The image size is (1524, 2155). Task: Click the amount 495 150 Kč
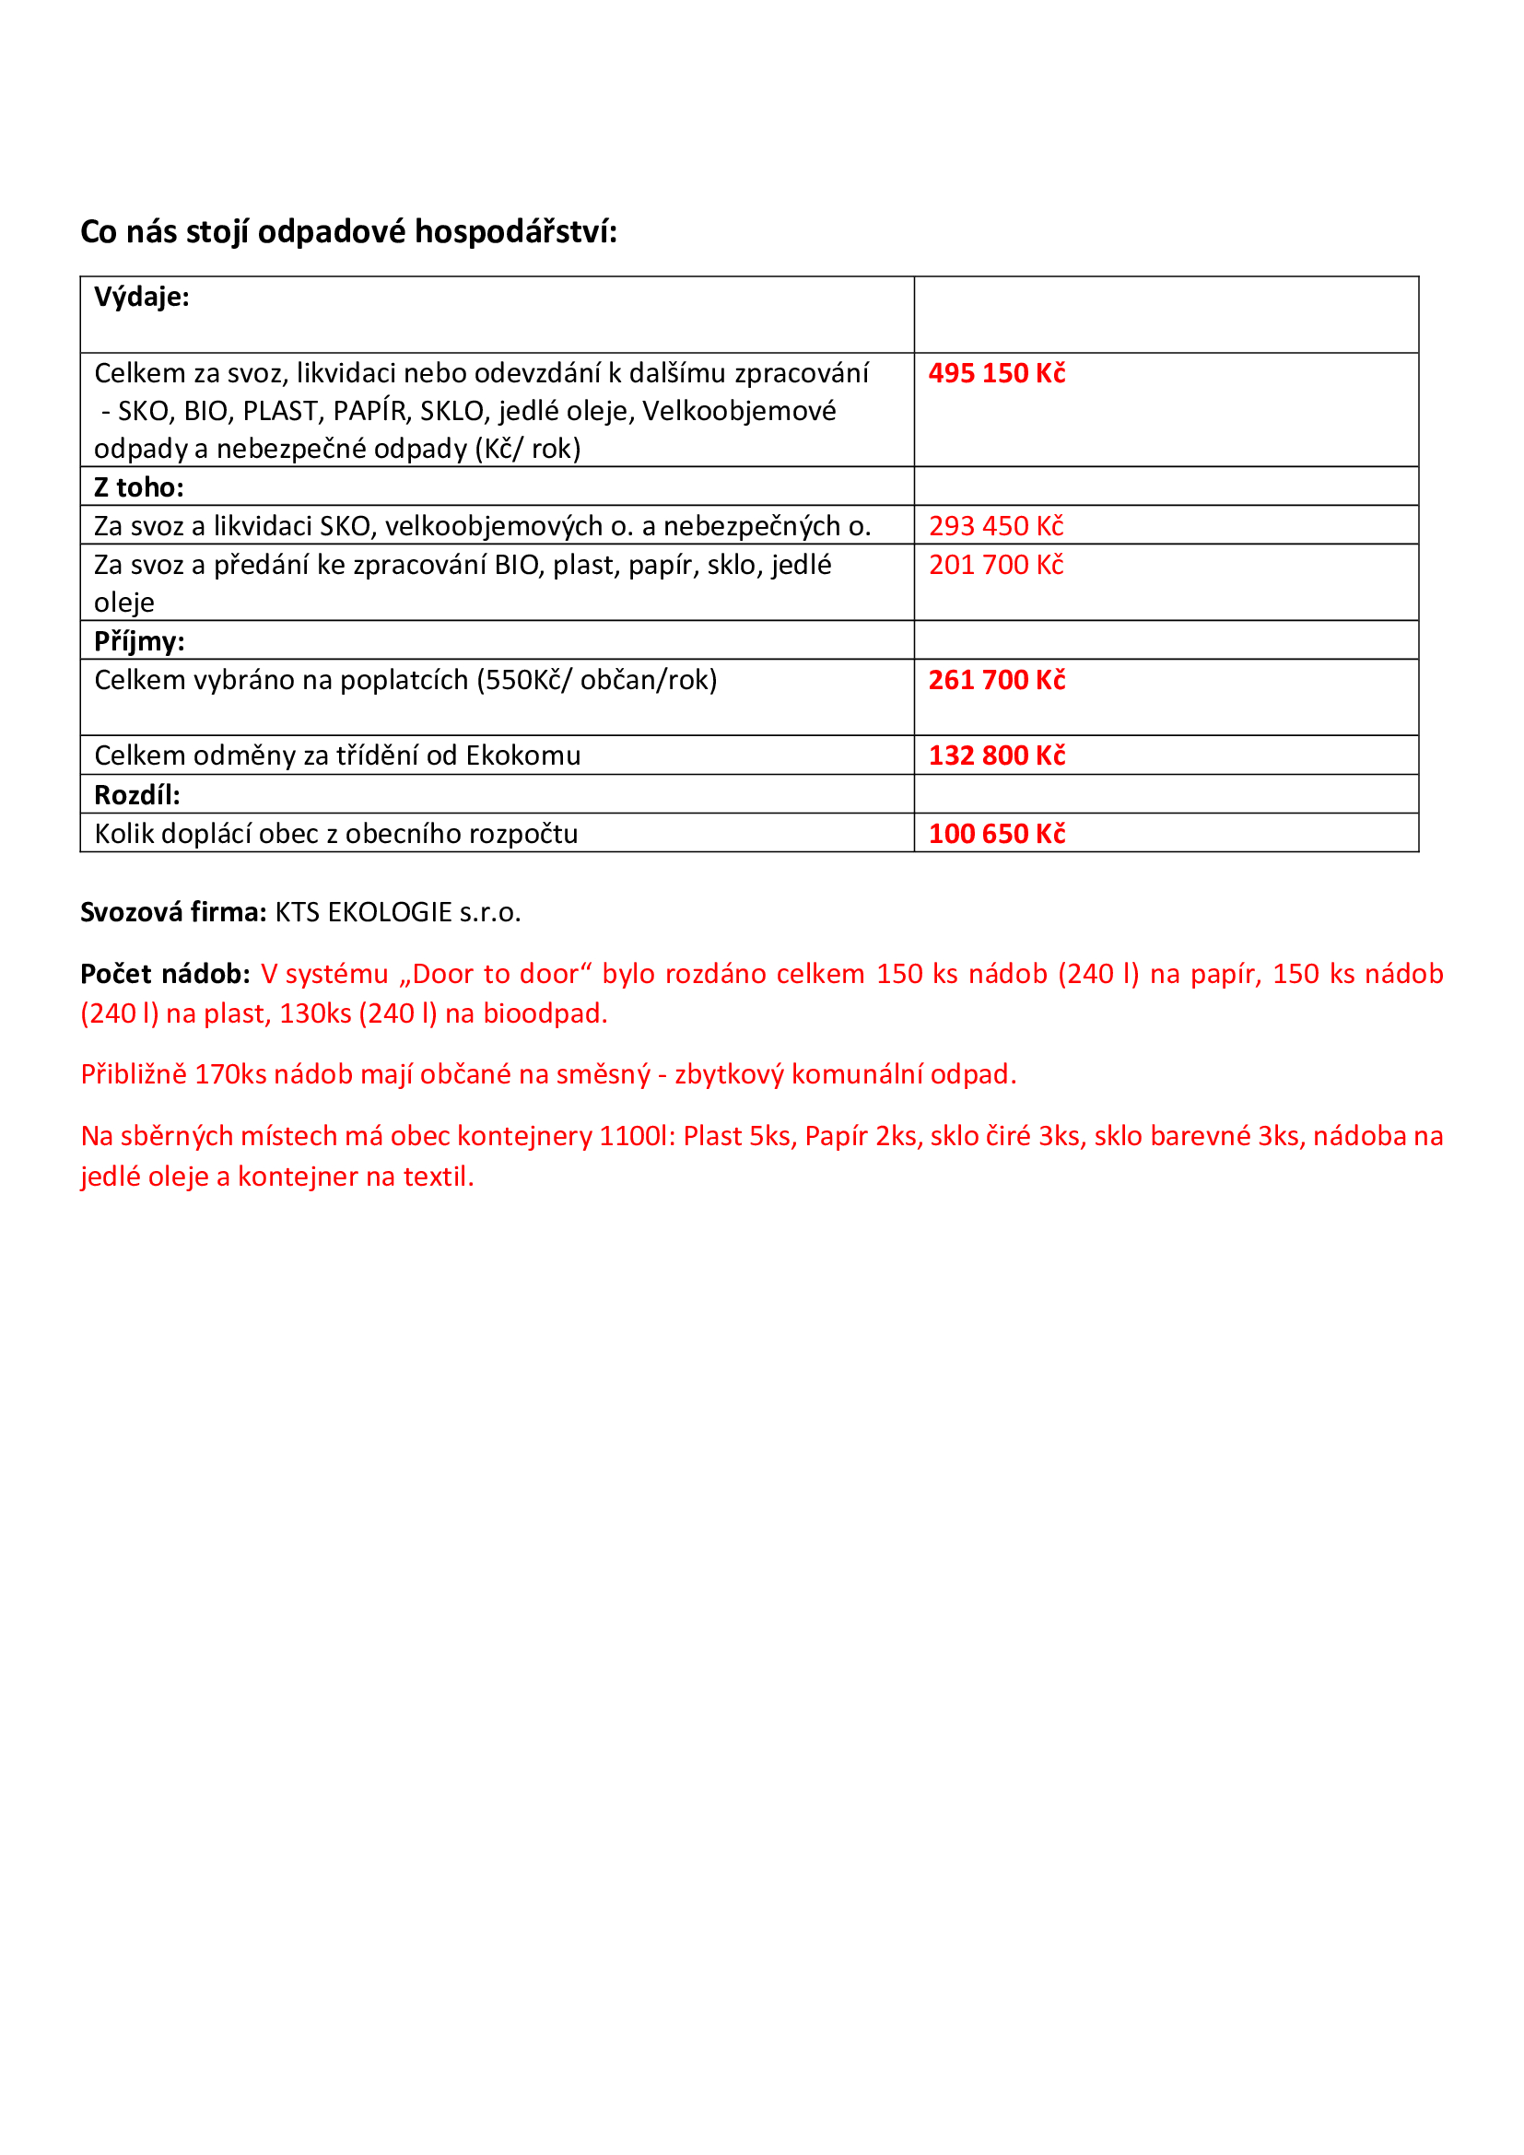(x=997, y=373)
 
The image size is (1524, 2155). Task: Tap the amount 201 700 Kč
(x=996, y=565)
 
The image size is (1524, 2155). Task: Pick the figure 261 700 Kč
(x=997, y=680)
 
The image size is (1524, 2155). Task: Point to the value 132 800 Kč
(x=997, y=755)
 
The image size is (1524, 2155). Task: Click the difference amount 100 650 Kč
(x=997, y=834)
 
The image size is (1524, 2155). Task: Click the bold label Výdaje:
(x=142, y=298)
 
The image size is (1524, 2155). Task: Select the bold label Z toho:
(x=139, y=487)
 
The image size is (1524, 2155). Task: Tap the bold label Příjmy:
(x=139, y=641)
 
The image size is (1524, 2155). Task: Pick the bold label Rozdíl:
(x=137, y=795)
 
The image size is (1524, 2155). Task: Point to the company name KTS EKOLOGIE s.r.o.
(x=398, y=912)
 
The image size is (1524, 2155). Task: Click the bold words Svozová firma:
(x=173, y=912)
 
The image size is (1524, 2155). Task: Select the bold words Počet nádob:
(x=165, y=974)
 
